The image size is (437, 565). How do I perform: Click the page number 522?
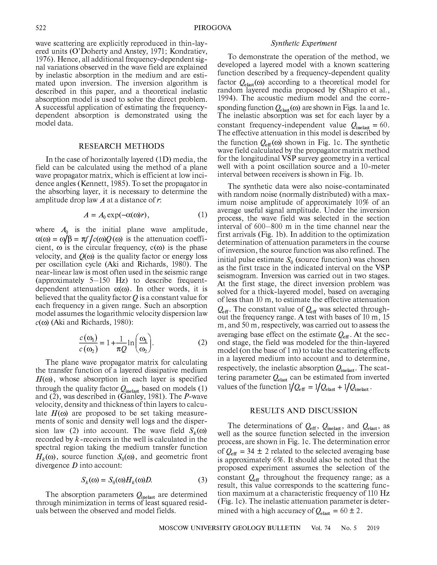(x=41, y=28)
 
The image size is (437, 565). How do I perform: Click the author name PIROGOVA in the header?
(x=213, y=28)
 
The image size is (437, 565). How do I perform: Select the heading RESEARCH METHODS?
(x=121, y=146)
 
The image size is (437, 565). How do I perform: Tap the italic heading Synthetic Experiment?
(x=304, y=43)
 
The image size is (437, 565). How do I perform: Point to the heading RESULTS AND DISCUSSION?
(x=303, y=411)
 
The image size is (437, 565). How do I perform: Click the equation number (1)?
(x=203, y=214)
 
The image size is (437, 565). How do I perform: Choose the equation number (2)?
(x=203, y=343)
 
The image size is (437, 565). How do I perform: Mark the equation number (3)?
(x=203, y=480)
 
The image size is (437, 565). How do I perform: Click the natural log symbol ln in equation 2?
(x=131, y=343)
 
